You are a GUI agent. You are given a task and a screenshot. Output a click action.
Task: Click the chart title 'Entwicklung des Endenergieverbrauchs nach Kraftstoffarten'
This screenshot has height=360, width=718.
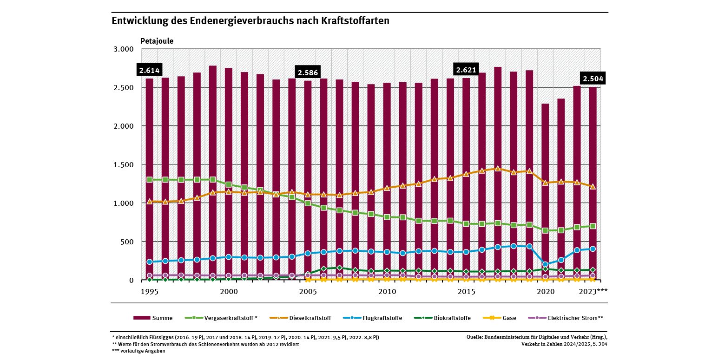click(x=250, y=21)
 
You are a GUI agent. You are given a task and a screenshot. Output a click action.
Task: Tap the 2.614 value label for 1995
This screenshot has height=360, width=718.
click(x=149, y=71)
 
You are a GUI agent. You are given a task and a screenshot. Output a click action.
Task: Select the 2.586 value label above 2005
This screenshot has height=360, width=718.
click(x=308, y=73)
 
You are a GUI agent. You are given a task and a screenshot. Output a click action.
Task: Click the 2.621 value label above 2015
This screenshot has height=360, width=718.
click(x=466, y=70)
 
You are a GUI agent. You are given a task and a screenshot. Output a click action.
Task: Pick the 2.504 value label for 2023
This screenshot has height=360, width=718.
click(x=593, y=79)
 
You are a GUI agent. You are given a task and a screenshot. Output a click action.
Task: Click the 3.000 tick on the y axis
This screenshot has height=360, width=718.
click(x=124, y=49)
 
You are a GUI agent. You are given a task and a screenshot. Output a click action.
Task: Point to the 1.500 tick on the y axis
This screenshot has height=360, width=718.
click(x=124, y=164)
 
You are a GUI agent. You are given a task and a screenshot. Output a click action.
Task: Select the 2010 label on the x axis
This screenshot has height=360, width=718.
click(x=387, y=292)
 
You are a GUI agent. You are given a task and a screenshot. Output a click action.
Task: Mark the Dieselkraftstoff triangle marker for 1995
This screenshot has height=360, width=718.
click(x=150, y=202)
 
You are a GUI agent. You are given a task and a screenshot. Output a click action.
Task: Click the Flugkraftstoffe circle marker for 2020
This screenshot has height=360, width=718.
click(x=545, y=264)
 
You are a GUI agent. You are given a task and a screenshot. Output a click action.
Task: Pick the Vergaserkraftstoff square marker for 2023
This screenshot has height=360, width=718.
click(x=593, y=226)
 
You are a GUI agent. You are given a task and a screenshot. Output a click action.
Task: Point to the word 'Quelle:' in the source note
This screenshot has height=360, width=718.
click(x=476, y=337)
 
